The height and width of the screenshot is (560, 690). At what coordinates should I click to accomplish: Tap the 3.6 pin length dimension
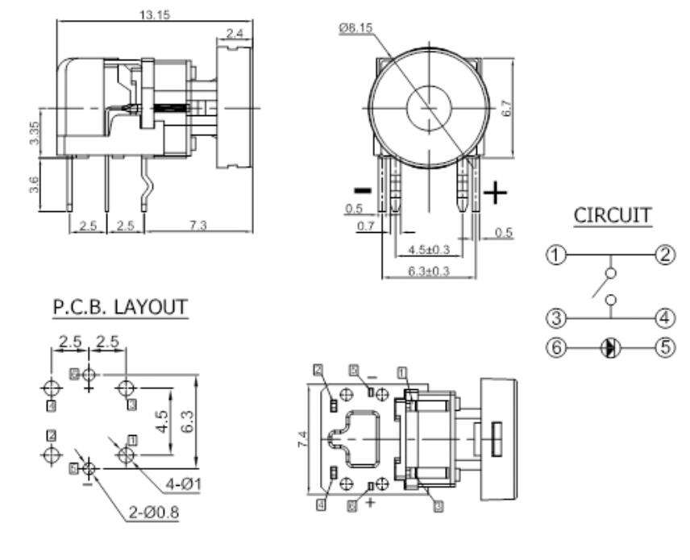point(32,184)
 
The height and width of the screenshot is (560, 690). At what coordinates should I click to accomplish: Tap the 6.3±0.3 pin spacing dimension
point(427,272)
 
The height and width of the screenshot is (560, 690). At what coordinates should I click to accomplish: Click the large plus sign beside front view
point(497,193)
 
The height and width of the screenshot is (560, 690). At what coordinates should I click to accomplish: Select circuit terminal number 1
point(555,255)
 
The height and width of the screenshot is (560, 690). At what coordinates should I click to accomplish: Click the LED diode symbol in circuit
point(611,348)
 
